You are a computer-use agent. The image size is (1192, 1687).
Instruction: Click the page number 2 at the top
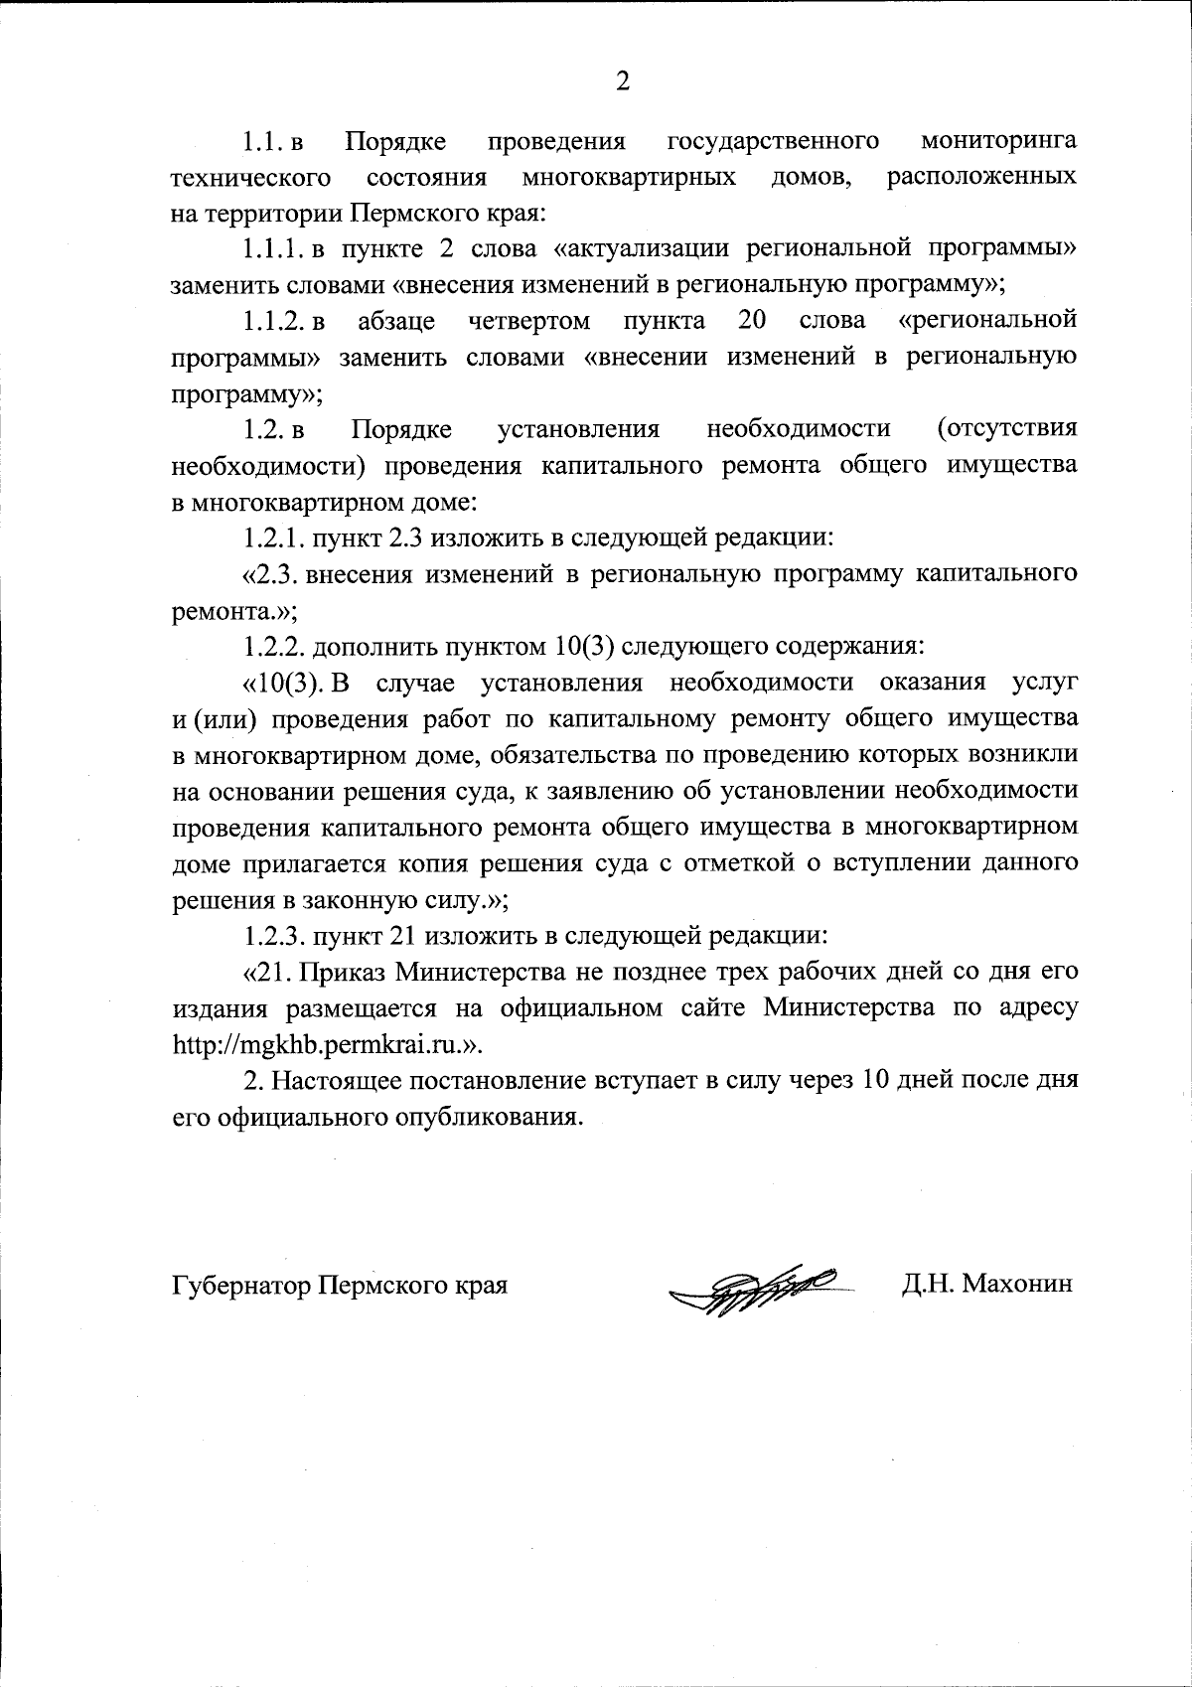coord(623,81)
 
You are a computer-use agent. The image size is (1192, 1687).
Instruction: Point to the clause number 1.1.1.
coord(276,248)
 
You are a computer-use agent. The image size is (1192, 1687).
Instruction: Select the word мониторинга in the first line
coord(999,141)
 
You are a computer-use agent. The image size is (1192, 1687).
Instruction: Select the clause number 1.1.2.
coord(274,320)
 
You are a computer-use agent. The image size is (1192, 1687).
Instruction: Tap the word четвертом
coord(528,320)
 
